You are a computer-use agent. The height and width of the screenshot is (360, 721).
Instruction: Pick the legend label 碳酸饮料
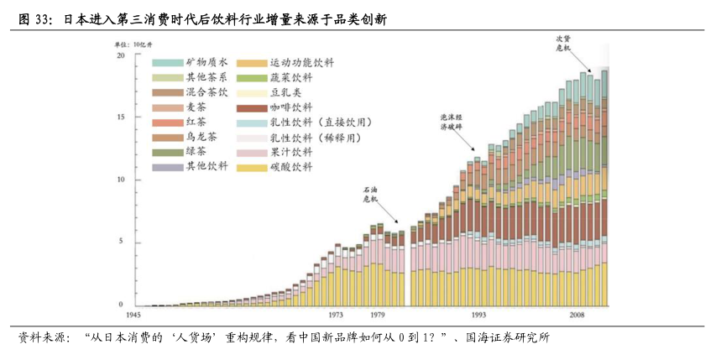pyautogui.click(x=291, y=168)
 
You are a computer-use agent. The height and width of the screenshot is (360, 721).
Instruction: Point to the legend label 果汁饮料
pyautogui.click(x=291, y=153)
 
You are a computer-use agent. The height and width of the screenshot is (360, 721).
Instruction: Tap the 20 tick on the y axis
pyautogui.click(x=121, y=55)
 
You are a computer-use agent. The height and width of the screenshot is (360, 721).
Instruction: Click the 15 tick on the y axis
pyautogui.click(x=121, y=117)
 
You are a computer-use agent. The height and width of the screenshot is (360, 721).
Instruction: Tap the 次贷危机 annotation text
pyautogui.click(x=563, y=44)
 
